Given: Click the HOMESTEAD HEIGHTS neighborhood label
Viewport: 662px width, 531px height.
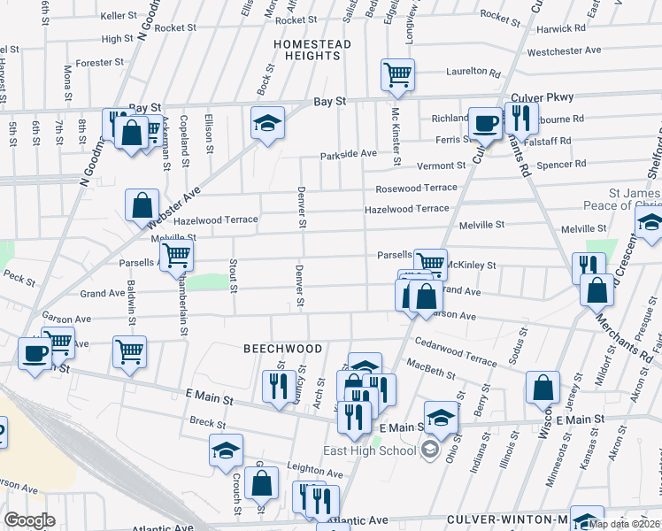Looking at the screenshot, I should [x=312, y=50].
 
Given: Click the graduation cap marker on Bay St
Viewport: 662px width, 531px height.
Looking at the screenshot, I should [x=266, y=124].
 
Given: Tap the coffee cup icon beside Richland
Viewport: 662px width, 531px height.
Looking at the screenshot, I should [x=484, y=124].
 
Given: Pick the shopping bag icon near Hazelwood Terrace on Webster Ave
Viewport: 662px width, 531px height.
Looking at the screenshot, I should [x=142, y=206].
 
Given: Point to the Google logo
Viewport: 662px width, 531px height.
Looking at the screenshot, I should [x=29, y=520].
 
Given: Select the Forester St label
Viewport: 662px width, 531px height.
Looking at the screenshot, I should [x=100, y=63].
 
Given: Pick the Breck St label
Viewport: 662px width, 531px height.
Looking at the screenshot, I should [x=202, y=422].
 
